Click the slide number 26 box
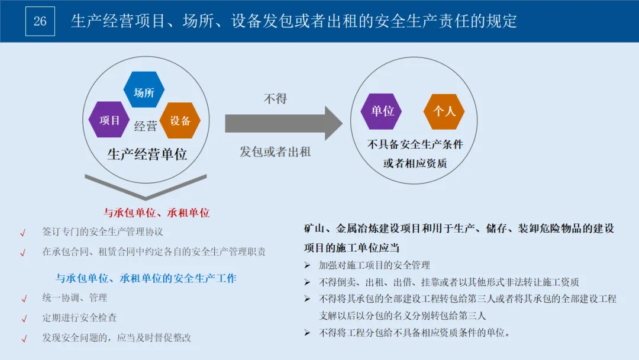click(x=40, y=21)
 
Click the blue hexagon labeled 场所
click(x=144, y=92)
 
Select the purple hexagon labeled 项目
click(x=109, y=120)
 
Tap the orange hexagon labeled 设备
click(x=180, y=121)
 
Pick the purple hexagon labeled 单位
click(x=382, y=111)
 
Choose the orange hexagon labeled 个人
click(x=444, y=111)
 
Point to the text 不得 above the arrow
click(x=275, y=98)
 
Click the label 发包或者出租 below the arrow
click(x=275, y=152)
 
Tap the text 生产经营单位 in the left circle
click(x=147, y=155)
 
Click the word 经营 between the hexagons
click(x=146, y=126)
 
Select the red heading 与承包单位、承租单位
click(x=157, y=213)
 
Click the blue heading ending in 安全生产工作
click(x=146, y=278)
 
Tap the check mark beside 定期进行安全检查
click(x=24, y=319)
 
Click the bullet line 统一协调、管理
click(x=75, y=297)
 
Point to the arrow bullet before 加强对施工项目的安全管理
click(x=307, y=265)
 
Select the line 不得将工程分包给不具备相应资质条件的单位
click(x=414, y=332)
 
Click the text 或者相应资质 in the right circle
click(x=415, y=163)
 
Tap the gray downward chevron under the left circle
click(x=146, y=187)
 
